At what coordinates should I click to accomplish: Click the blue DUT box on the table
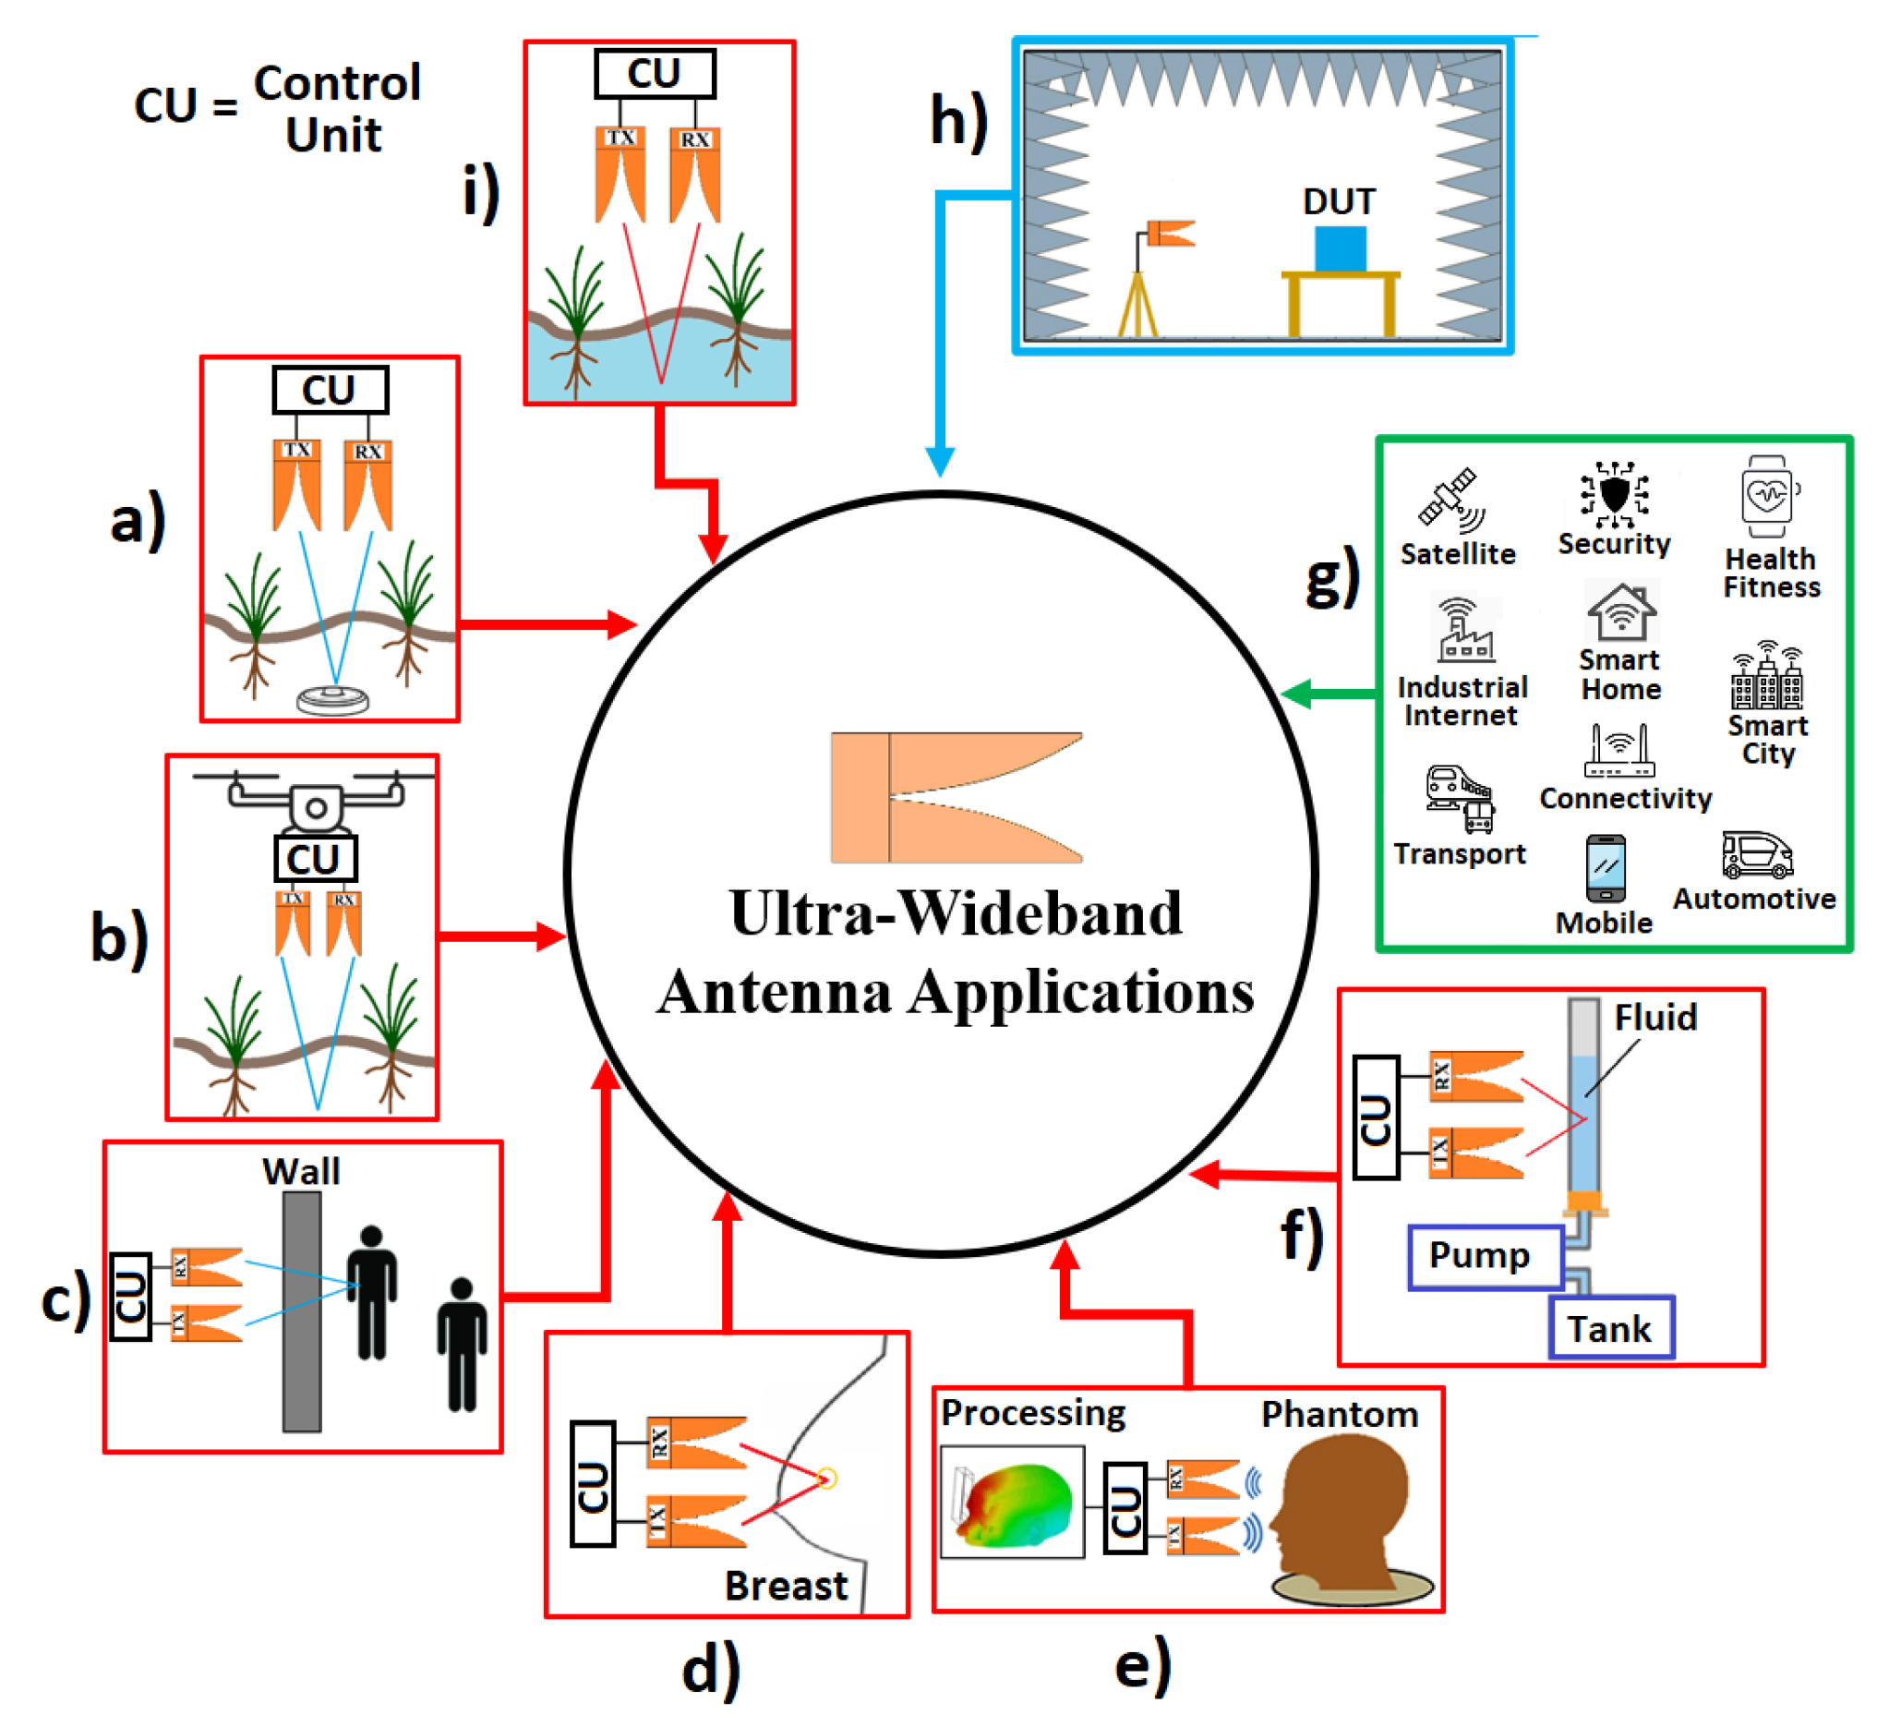(x=1340, y=248)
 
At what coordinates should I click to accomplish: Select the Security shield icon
(x=1614, y=494)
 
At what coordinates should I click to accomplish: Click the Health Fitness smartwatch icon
(x=1767, y=496)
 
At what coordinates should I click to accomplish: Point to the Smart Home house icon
(x=1621, y=612)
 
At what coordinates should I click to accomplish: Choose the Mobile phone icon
(x=1606, y=869)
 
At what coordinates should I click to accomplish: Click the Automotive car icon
(x=1756, y=854)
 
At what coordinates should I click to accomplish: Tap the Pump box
(x=1486, y=1257)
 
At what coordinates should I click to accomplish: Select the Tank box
(x=1611, y=1327)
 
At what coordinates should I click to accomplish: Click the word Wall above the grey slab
(x=301, y=1171)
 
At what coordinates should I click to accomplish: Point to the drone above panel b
(x=315, y=800)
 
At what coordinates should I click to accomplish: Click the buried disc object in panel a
(x=332, y=699)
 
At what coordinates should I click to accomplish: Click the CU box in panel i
(x=655, y=74)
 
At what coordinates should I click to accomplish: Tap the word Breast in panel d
(x=786, y=1586)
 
